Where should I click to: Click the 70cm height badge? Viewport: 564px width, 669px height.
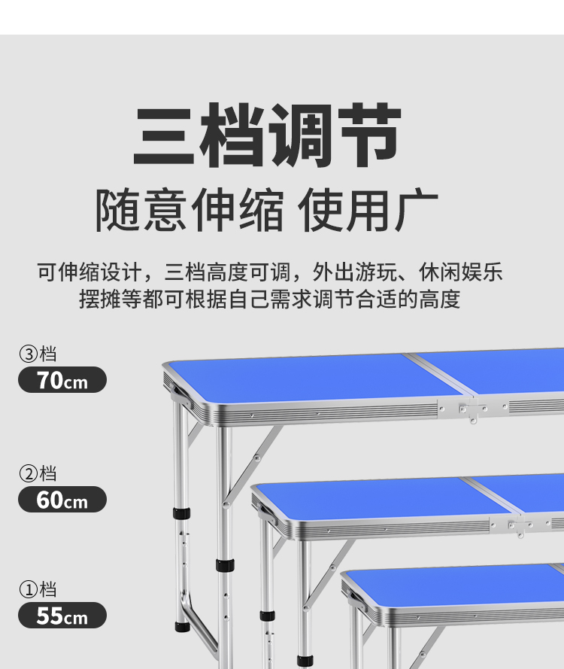(x=62, y=380)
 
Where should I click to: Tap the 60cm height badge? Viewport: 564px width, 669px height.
(x=62, y=499)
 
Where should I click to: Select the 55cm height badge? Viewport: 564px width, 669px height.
(x=62, y=616)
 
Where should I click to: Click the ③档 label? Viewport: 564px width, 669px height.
(x=38, y=354)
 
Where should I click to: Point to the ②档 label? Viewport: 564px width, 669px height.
(x=38, y=473)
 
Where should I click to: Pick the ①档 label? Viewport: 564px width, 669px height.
(x=38, y=589)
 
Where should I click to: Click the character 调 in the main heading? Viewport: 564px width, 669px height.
(x=300, y=137)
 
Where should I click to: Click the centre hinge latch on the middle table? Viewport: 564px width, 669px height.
(x=517, y=526)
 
